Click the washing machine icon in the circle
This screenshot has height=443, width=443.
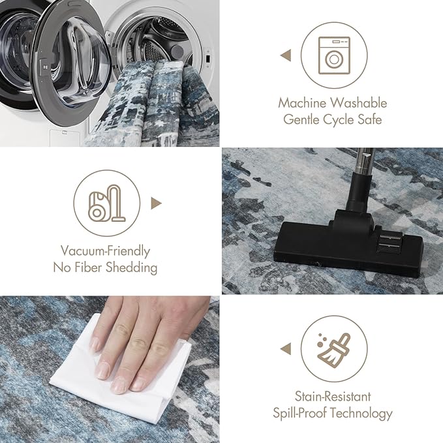pos(334,55)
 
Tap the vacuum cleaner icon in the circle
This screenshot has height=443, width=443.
pos(107,203)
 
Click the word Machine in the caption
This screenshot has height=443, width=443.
pos(302,103)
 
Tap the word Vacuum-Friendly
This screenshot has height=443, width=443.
pos(106,251)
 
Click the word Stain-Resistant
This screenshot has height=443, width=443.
pos(333,397)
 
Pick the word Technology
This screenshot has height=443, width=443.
pos(361,414)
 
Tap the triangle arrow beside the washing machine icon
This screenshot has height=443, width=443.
pos(286,55)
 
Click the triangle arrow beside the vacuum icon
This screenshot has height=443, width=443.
pos(156,203)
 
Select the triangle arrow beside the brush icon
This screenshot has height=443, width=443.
pos(286,348)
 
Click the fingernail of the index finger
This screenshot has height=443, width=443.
pos(102,371)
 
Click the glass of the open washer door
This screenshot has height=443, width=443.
pos(80,62)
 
